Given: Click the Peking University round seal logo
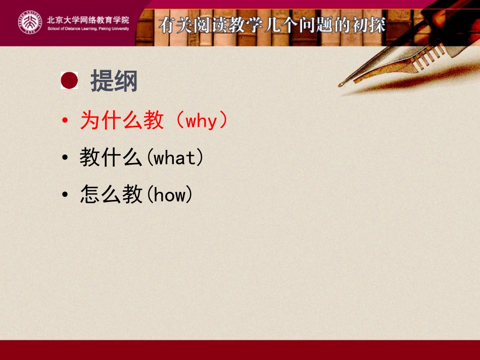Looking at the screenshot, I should point(30,23).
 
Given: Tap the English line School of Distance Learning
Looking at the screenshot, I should point(88,29).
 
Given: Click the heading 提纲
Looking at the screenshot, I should point(114,81).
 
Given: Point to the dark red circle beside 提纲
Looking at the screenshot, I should point(69,80).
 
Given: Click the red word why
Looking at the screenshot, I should point(201,121).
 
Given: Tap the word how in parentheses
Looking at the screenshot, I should point(169,195).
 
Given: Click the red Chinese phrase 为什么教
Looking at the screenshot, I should point(122,121).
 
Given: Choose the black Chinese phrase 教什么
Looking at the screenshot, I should point(111,158).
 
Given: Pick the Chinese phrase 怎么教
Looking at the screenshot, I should point(111,195).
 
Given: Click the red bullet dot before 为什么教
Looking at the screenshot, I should point(65,122).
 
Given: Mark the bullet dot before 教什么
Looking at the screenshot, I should point(65,159).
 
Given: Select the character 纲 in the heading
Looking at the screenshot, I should point(126,81).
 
